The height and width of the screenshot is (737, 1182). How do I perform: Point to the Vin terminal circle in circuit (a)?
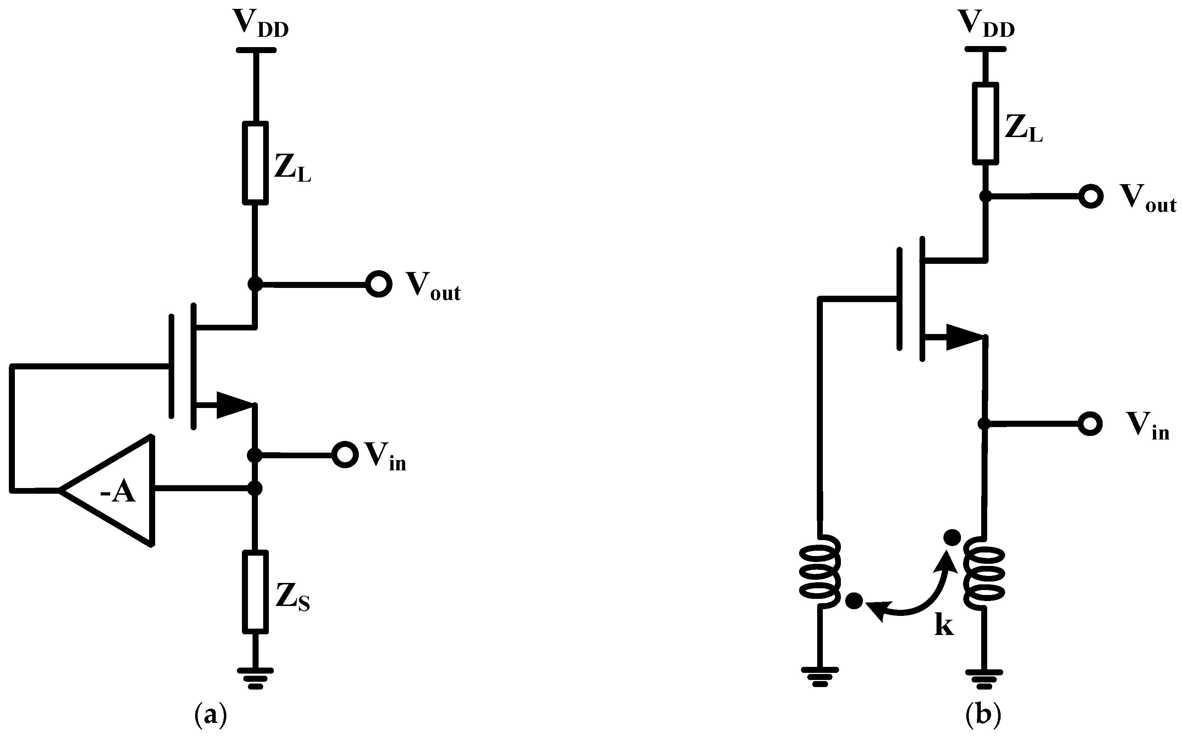[345, 454]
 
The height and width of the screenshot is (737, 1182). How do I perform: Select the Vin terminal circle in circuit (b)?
[1090, 424]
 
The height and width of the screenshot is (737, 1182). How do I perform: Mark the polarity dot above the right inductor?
[952, 538]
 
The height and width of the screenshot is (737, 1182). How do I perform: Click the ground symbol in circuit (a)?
[255, 678]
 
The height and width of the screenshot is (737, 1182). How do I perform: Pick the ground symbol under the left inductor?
[820, 676]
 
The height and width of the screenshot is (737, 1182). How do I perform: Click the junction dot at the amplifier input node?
[254, 488]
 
